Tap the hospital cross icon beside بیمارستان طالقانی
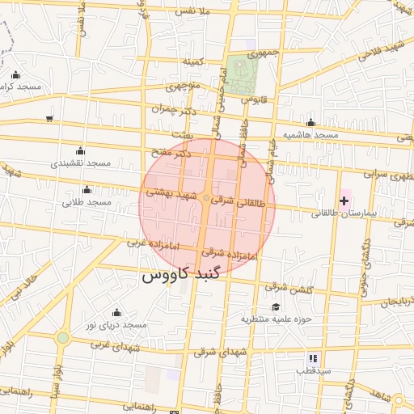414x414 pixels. coord(344,200)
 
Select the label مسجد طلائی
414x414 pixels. coord(88,201)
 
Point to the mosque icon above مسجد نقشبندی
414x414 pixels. coord(79,150)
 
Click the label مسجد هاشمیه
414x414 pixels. coord(310,134)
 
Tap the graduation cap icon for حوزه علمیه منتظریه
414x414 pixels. coord(276,306)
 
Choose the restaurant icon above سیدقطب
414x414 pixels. coord(313,358)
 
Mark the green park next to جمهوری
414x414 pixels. coord(240,74)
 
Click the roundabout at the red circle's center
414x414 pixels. coord(207,198)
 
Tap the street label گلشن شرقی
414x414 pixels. coord(288,287)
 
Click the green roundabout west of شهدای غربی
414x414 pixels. coord(63,337)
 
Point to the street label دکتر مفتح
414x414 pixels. coord(171,152)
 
